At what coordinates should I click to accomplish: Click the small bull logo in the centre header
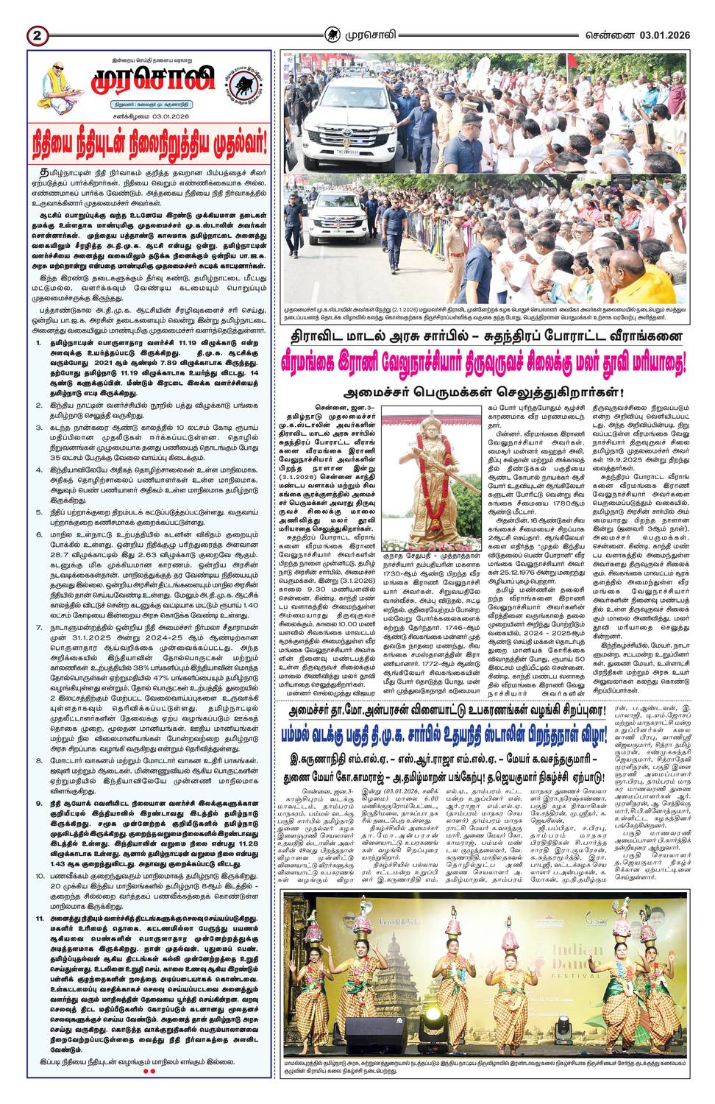pos(334,34)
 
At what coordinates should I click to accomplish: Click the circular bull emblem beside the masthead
pos(245,83)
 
